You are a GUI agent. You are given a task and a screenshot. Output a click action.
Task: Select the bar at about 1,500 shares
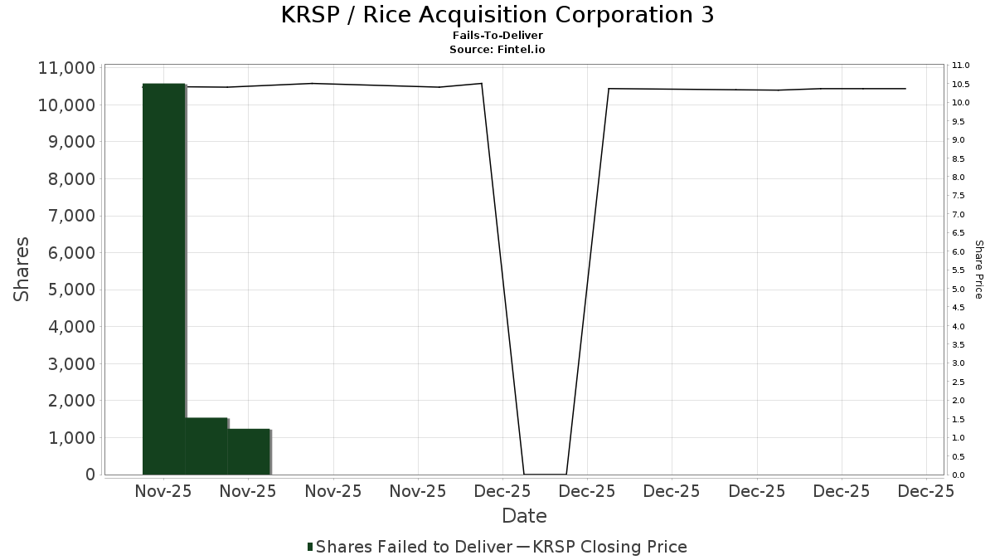[206, 446]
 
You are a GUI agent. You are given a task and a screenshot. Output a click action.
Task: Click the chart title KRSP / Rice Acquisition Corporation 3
[498, 15]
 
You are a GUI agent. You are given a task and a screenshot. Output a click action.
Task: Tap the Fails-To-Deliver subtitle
[498, 36]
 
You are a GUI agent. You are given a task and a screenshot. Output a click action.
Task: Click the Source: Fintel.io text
[498, 49]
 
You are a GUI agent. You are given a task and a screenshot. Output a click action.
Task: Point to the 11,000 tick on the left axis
[66, 68]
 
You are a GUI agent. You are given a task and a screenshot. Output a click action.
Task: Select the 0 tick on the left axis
[89, 475]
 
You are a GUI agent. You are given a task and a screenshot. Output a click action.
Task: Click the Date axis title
[524, 516]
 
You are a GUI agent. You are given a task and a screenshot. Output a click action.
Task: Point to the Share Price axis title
[978, 270]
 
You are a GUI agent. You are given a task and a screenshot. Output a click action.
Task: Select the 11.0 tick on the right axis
[961, 66]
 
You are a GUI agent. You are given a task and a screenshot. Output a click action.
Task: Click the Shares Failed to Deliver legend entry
[409, 547]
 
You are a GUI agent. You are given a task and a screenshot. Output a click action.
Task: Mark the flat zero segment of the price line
[545, 475]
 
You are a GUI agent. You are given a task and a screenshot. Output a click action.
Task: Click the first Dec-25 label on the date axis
[503, 491]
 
